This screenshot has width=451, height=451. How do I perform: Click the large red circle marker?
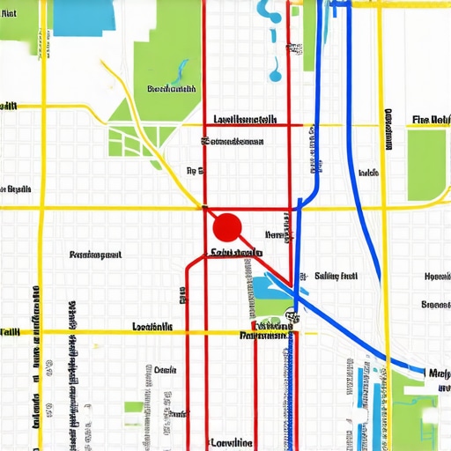coord(227,227)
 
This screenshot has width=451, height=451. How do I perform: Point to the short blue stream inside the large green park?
coord(182,69)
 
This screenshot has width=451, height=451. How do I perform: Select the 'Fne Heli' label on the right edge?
coord(430,120)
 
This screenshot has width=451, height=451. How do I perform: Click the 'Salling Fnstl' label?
coord(336,276)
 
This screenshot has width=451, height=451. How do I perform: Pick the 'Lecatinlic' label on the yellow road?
coord(152,327)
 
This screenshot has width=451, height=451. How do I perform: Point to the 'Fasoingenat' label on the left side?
coord(94,255)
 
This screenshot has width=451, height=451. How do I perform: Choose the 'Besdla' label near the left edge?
coord(18,189)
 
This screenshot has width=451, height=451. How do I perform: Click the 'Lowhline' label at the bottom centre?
coord(232,442)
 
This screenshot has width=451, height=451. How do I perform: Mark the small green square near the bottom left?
coord(133,407)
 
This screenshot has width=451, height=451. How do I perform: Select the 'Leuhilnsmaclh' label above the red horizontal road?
coord(246,119)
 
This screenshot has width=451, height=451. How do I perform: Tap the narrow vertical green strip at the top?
coord(309,35)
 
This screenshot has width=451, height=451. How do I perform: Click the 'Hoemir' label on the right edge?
coord(437,276)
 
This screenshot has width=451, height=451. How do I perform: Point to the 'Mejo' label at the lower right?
coord(439,372)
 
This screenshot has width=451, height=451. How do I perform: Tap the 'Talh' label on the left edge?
coord(10,332)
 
